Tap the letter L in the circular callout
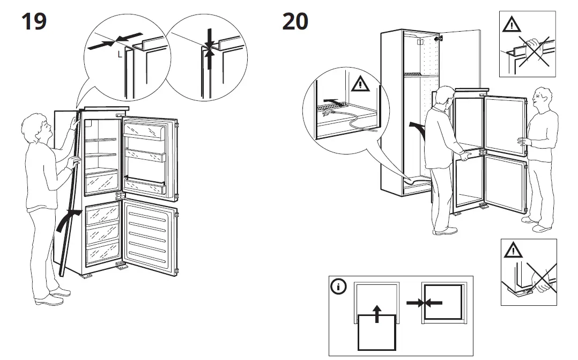(120, 54)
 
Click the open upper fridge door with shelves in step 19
(150, 156)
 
